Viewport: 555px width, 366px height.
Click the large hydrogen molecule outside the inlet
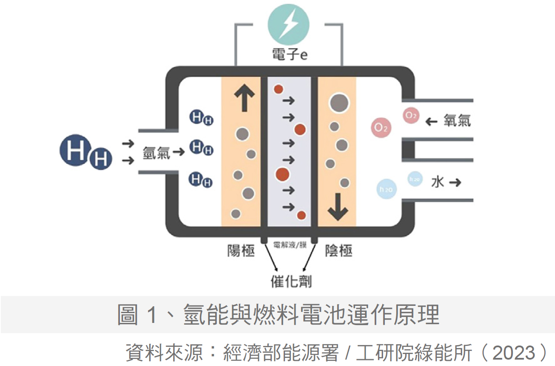[x=85, y=154]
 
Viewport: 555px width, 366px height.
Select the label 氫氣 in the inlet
[x=157, y=153]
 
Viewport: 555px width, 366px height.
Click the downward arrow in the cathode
[x=337, y=207]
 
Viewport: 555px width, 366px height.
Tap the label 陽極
[x=241, y=251]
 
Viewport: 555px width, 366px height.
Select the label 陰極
[x=339, y=251]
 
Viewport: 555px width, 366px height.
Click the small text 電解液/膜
[x=289, y=245]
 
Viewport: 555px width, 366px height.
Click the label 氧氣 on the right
[x=457, y=121]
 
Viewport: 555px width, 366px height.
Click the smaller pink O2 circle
[x=411, y=115]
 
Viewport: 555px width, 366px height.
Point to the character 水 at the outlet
[x=438, y=183]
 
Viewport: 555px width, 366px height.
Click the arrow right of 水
[x=456, y=183]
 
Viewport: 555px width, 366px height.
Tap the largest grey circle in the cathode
[x=339, y=102]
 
